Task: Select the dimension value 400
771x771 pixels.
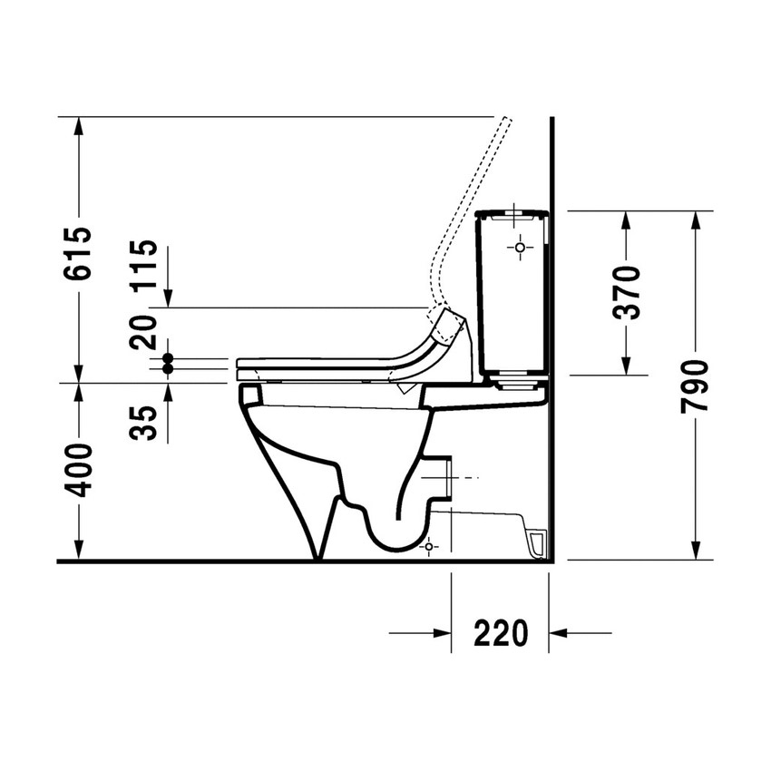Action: (x=79, y=470)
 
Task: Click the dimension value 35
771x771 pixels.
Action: (x=143, y=422)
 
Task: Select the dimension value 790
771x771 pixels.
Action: (x=696, y=386)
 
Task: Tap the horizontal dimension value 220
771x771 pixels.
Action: (x=501, y=633)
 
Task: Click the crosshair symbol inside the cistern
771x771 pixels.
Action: (x=520, y=247)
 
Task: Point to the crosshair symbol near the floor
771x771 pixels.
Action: (x=429, y=546)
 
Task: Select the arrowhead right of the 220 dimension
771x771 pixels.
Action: (x=560, y=633)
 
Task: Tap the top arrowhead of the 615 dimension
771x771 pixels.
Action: (x=79, y=126)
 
